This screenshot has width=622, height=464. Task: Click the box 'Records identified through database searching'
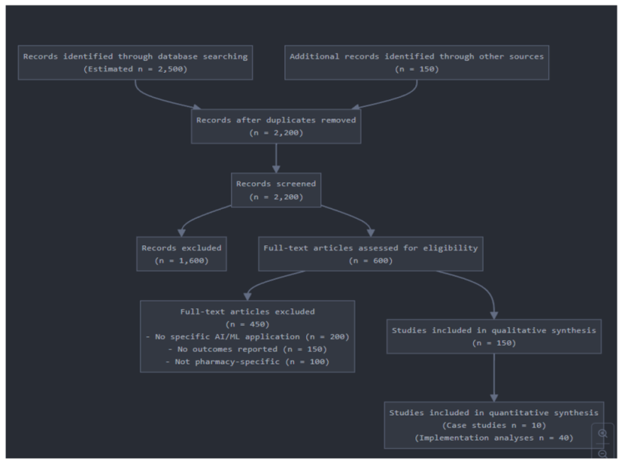pyautogui.click(x=135, y=62)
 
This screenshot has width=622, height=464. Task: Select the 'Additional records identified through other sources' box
pyautogui.click(x=416, y=62)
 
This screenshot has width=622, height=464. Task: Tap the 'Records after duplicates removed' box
pyautogui.click(x=276, y=125)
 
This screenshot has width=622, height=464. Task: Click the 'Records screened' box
pyautogui.click(x=276, y=190)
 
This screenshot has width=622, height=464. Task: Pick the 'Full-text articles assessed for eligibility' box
pyautogui.click(x=370, y=254)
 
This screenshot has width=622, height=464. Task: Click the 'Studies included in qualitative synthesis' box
pyautogui.click(x=494, y=336)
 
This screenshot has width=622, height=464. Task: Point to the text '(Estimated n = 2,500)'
pyautogui.click(x=135, y=69)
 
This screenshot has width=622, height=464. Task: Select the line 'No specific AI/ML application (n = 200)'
pyautogui.click(x=248, y=336)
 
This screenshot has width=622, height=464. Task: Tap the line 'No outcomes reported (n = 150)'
pyautogui.click(x=248, y=349)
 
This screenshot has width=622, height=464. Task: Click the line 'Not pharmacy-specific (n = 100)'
pyautogui.click(x=248, y=361)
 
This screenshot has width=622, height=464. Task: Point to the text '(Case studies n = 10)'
pyautogui.click(x=494, y=425)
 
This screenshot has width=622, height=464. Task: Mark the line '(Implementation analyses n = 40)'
pyautogui.click(x=494, y=438)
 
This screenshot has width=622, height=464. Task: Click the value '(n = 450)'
pyautogui.click(x=248, y=324)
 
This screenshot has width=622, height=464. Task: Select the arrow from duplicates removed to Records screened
pyautogui.click(x=276, y=158)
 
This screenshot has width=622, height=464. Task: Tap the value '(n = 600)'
pyautogui.click(x=370, y=260)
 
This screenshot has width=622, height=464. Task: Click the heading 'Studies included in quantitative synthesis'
pyautogui.click(x=494, y=412)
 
